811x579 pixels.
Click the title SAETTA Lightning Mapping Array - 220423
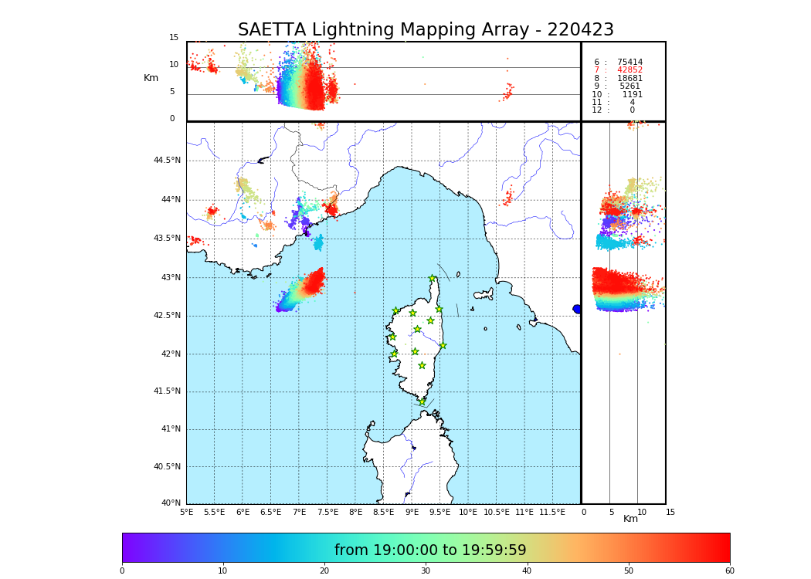(x=426, y=30)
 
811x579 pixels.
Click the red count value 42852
(x=629, y=70)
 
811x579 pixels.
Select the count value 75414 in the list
(x=629, y=62)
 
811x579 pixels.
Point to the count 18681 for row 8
(x=629, y=78)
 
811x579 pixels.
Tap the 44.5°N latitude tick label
(x=167, y=161)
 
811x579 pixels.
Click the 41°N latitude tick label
(x=170, y=429)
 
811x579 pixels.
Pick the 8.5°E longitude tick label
(x=384, y=512)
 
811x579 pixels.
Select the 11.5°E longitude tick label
(x=552, y=512)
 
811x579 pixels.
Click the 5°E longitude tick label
(x=187, y=512)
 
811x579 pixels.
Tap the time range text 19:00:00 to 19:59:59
(x=430, y=550)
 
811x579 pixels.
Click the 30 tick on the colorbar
(x=426, y=571)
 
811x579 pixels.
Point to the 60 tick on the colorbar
(x=729, y=571)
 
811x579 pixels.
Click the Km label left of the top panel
(x=151, y=78)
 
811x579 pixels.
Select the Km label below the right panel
(x=631, y=519)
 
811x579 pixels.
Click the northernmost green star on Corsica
(x=433, y=279)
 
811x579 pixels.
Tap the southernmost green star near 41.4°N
(x=422, y=401)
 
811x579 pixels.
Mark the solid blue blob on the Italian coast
(x=577, y=309)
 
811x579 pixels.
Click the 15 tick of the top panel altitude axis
(x=174, y=38)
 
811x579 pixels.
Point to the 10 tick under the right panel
(x=642, y=512)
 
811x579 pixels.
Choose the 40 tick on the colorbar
(x=527, y=571)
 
